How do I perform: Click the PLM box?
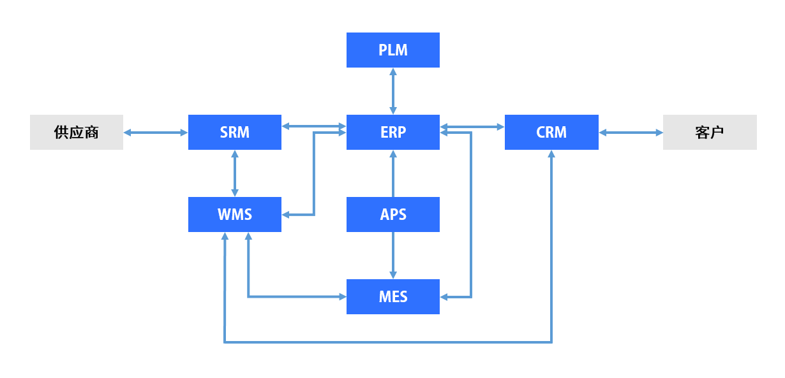point(392,50)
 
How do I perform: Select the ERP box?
point(392,133)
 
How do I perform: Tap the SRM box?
point(234,133)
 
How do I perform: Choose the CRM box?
point(551,133)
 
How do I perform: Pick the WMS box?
point(234,214)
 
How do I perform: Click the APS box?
point(392,214)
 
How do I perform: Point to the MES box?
point(392,296)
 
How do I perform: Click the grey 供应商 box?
point(76,133)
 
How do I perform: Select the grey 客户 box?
point(710,133)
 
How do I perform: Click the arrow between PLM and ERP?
point(392,91)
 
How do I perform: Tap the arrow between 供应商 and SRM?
point(155,133)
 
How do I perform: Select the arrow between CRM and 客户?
point(631,133)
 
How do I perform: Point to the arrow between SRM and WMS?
point(235,173)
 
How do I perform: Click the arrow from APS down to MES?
point(392,255)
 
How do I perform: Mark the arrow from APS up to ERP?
point(392,173)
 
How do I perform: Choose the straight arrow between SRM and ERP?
point(313,126)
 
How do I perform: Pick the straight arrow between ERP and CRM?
point(472,126)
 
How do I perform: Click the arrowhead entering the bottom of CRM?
point(551,155)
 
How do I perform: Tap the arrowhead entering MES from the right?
point(445,297)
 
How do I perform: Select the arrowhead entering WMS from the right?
point(287,215)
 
